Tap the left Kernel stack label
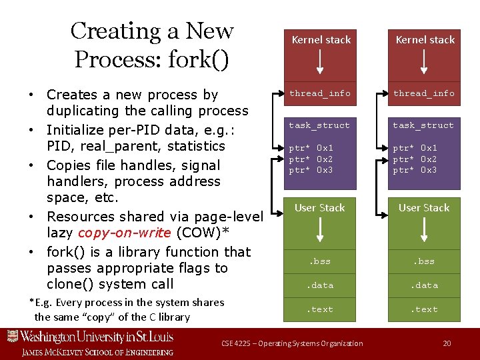coord(321,40)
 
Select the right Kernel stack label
coord(425,40)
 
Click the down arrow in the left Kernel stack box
coord(321,61)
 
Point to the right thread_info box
coord(424,93)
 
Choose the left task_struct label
coord(319,125)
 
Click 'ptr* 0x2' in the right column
coord(415,159)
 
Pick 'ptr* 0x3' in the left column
coord(311,170)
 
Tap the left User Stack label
coord(320,208)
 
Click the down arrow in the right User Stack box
coord(425,230)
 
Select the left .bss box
coord(320,261)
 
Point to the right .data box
coord(424,285)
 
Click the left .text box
coord(320,309)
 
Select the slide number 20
coord(447,343)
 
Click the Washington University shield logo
coord(13,336)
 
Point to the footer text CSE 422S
coord(236,343)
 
